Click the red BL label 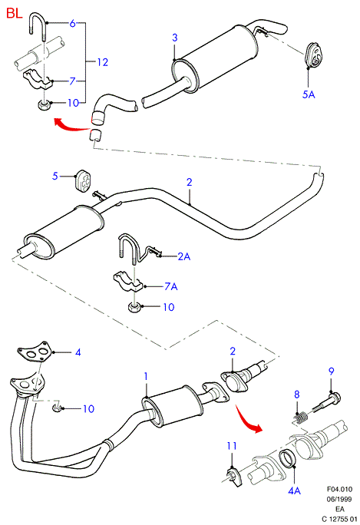(14, 13)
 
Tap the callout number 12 (103, 62)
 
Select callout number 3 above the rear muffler (174, 38)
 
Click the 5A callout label (309, 94)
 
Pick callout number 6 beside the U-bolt (72, 24)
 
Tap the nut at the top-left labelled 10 (43, 105)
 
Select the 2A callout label (184, 256)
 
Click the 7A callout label (171, 286)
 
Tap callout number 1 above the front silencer (146, 376)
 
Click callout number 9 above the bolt (331, 371)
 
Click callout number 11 (231, 446)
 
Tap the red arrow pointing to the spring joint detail (248, 419)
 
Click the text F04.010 (339, 489)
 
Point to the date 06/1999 (339, 499)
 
